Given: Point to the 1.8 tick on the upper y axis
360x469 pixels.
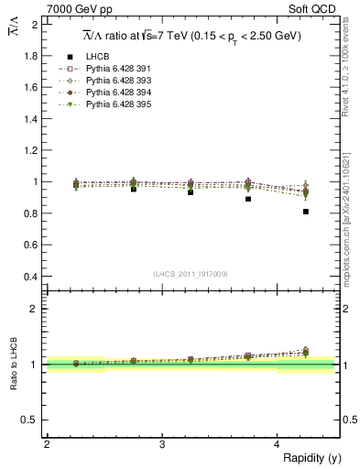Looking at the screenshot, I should [x=32, y=56].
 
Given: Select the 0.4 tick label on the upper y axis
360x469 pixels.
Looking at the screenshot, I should [x=32, y=277].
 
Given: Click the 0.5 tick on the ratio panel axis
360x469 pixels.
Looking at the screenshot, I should [x=32, y=420].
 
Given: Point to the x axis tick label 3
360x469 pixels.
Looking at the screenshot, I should [x=161, y=444].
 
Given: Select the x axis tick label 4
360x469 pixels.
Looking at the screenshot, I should [x=277, y=444].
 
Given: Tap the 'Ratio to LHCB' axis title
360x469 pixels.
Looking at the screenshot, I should [x=14, y=365].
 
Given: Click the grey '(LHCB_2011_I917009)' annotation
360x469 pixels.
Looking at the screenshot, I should [x=191, y=274].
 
